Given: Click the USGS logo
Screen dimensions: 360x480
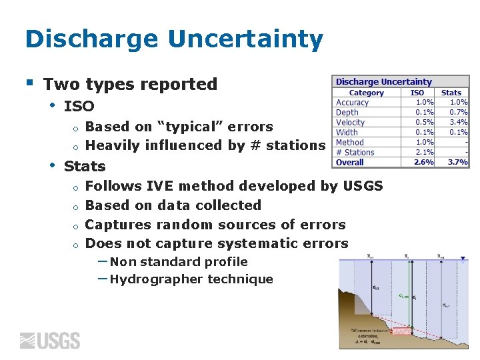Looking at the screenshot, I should coord(50,341).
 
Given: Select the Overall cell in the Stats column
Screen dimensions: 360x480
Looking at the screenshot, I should coord(457,162).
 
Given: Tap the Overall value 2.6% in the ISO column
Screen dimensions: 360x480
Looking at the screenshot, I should coord(423,162).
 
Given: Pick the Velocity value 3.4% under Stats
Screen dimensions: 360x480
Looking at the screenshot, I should coord(459,122).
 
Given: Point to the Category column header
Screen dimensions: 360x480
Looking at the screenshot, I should coord(366,93).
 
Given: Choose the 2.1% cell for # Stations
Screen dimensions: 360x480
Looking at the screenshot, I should coord(425,152).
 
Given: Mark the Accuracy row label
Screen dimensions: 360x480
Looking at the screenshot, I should coord(352,103).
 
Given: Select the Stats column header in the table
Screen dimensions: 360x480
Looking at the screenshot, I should coord(451,93).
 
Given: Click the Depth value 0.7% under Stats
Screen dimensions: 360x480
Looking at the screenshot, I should coord(459,112).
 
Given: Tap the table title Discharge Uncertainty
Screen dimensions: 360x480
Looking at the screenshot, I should coord(383,82).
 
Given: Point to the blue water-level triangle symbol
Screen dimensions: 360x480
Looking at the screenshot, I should coord(463,261).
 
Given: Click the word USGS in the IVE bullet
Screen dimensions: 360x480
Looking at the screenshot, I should coord(363,186).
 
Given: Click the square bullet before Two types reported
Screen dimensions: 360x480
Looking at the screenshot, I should coord(29,83).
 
